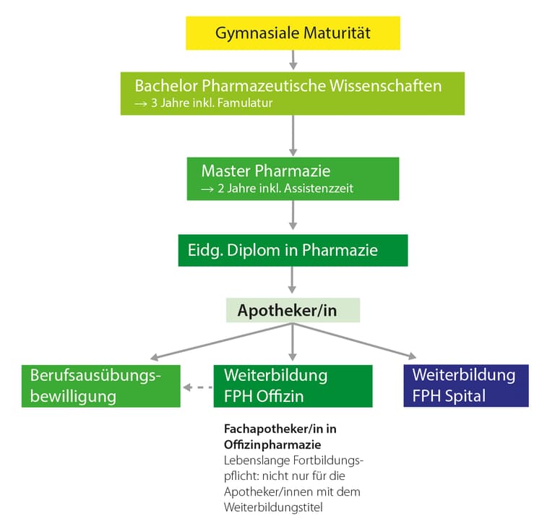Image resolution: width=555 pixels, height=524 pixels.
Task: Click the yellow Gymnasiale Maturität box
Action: [292, 34]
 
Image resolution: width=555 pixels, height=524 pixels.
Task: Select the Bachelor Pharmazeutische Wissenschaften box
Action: [292, 93]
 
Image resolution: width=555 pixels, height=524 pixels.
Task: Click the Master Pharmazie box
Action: [292, 179]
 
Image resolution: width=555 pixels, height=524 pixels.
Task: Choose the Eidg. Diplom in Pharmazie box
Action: [292, 251]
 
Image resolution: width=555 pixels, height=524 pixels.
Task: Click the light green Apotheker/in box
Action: [292, 311]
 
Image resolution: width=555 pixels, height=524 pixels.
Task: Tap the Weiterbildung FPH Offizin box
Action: [292, 386]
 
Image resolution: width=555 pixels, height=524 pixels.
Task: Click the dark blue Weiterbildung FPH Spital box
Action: [465, 386]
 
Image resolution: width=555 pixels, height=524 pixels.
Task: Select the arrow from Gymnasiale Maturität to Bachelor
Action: [292, 59]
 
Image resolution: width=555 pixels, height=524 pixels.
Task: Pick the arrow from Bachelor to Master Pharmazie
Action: [292, 136]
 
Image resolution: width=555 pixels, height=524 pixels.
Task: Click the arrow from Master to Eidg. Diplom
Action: [292, 216]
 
